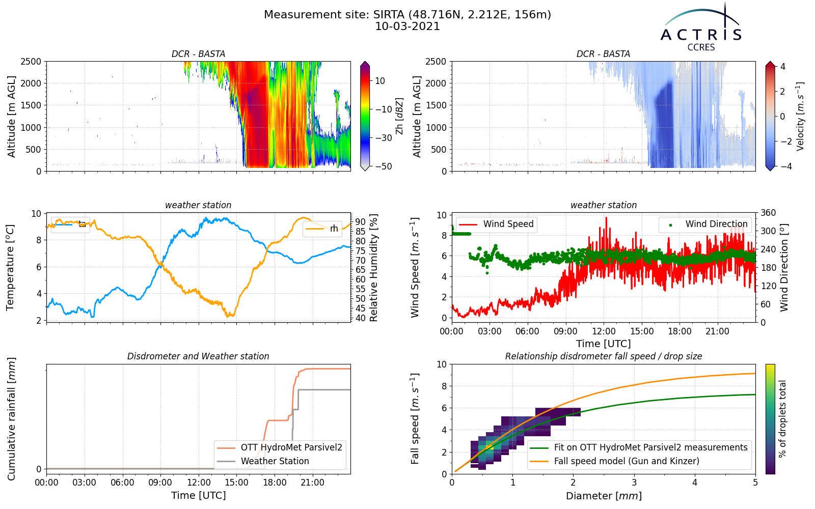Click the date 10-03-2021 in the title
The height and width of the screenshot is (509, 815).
(407, 26)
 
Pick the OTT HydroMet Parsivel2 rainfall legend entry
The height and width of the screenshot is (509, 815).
(280, 447)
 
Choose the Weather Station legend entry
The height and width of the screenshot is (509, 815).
(263, 461)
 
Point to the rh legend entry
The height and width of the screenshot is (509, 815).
(322, 229)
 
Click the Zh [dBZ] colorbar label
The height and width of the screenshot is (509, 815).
(399, 116)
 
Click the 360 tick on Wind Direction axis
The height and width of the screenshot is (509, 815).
(769, 213)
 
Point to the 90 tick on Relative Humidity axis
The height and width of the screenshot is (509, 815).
(360, 222)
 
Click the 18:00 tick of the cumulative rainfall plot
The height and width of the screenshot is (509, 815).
(275, 483)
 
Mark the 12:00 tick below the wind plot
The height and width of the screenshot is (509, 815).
(604, 331)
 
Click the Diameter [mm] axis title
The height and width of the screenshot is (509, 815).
(604, 496)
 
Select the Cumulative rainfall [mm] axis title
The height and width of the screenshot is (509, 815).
(11, 419)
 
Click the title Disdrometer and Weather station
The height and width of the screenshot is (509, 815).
(198, 356)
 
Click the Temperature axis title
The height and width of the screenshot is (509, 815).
(10, 268)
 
